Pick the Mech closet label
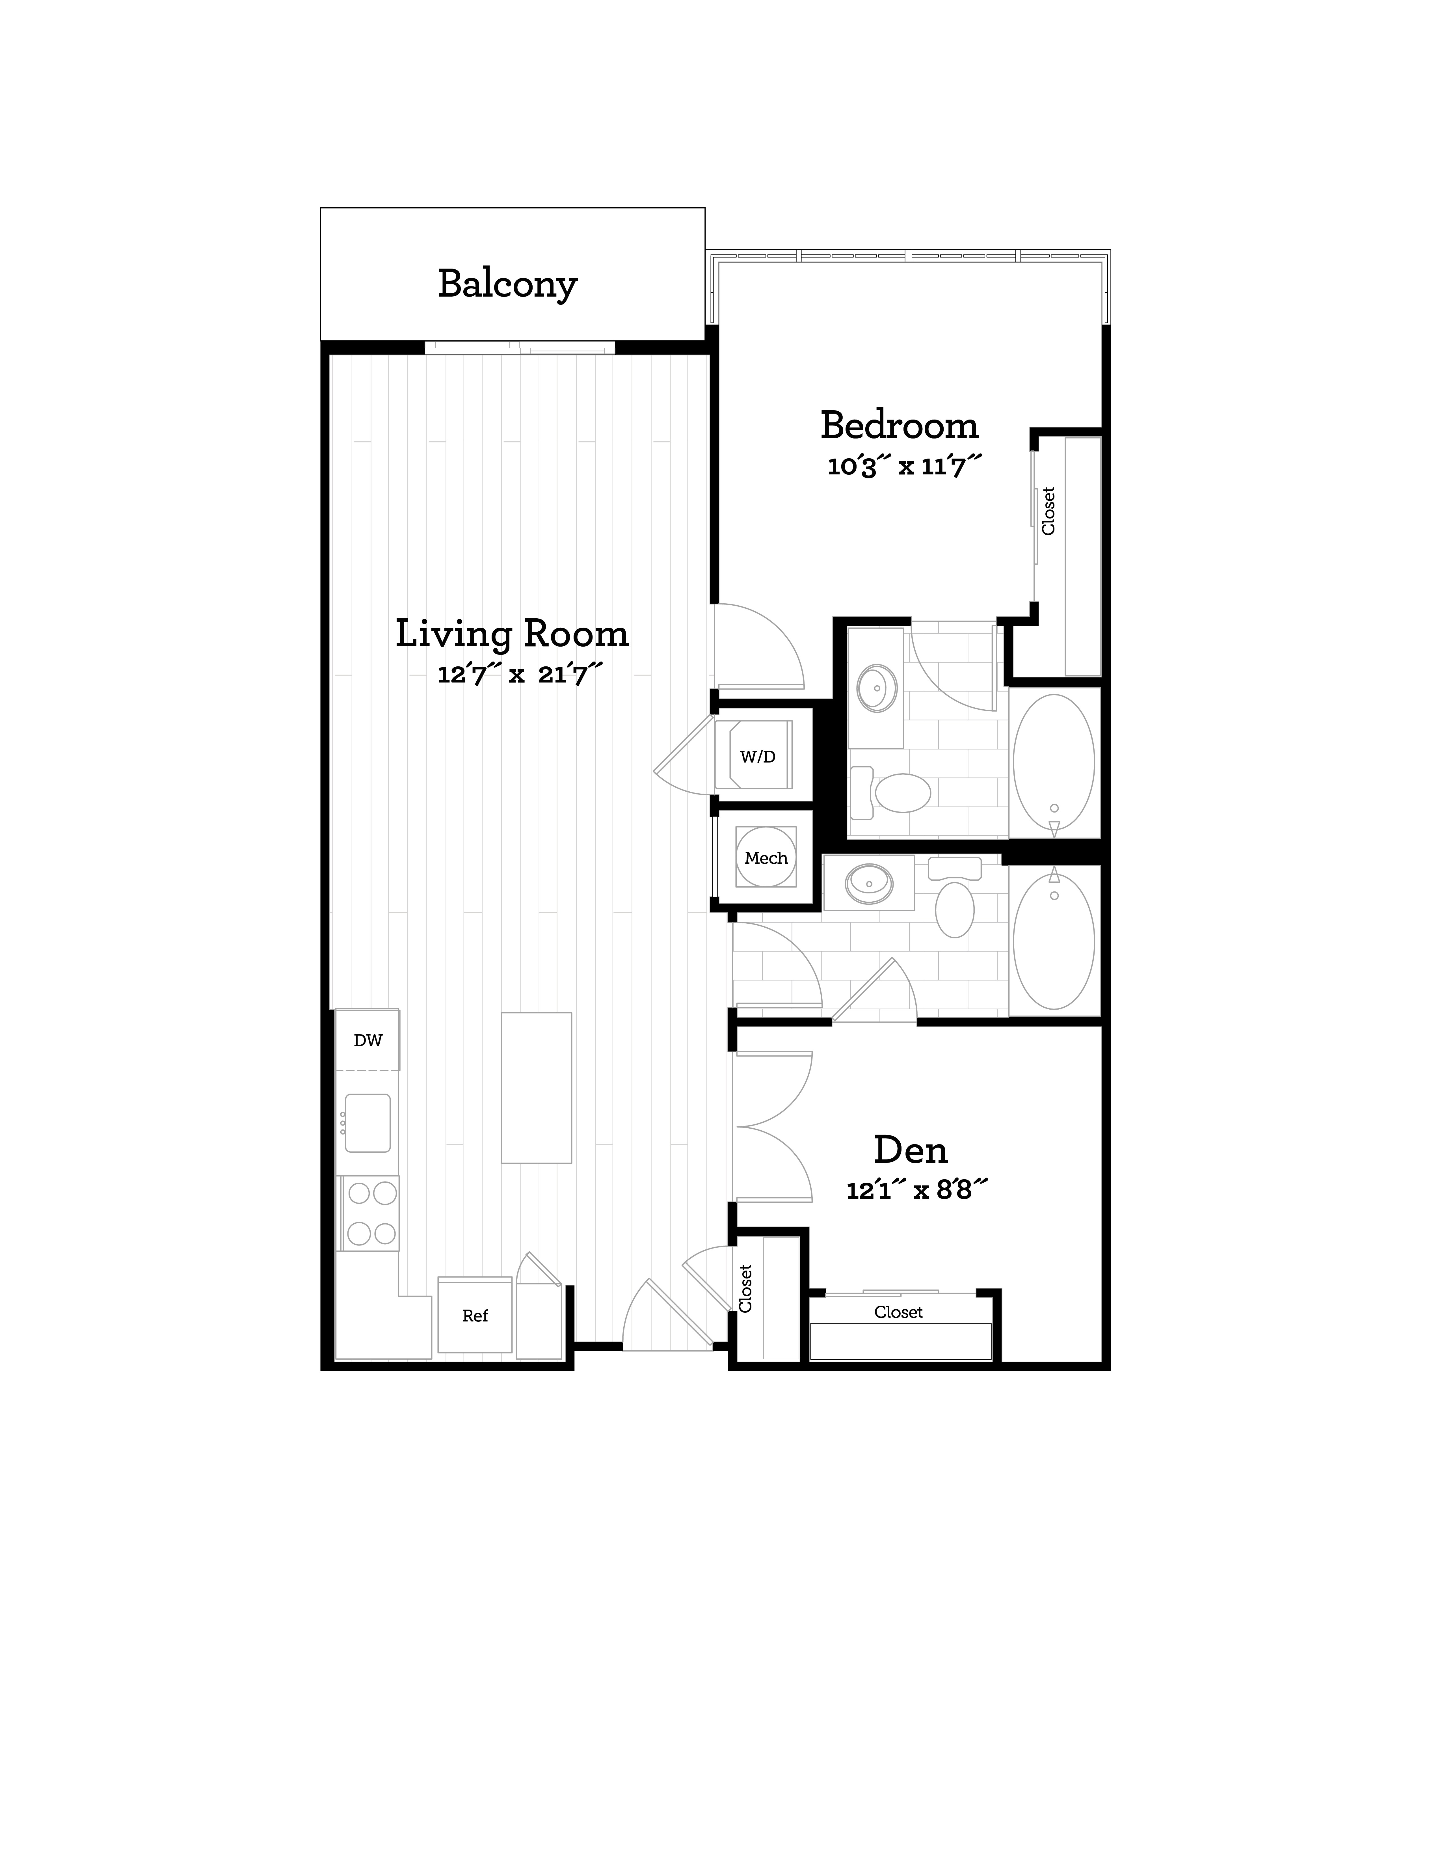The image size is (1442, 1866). (766, 858)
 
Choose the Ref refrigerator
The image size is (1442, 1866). (475, 1316)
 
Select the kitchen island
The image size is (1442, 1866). (536, 1088)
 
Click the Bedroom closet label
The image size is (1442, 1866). (1048, 511)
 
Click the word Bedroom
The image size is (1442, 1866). (900, 426)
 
